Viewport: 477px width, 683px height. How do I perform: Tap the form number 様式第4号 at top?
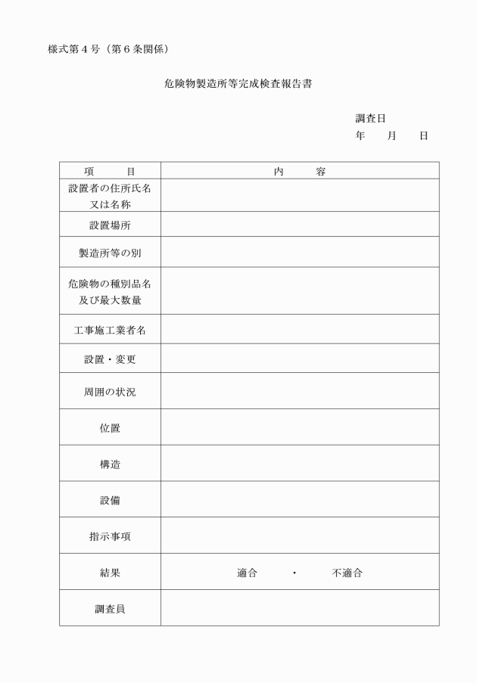pos(78,50)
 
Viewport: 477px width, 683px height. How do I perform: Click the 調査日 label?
pos(371,119)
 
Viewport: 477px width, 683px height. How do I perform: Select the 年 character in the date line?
pos(360,135)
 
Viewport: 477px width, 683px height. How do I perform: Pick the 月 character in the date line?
pos(392,135)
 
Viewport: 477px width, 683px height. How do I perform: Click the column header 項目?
pos(110,172)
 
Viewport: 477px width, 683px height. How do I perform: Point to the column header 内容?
pos(299,172)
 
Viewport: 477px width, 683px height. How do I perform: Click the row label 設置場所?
pos(110,225)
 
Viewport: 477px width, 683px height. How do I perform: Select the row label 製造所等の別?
pos(110,253)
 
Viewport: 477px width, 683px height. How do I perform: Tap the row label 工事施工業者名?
pos(110,329)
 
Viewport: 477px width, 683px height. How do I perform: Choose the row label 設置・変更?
pos(110,359)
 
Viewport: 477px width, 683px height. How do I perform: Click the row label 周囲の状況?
pos(110,392)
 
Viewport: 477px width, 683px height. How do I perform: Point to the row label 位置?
pos(110,428)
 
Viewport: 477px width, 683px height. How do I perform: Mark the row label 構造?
pos(110,464)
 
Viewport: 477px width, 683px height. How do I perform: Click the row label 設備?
pos(110,500)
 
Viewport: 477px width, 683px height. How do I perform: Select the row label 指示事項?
pos(110,536)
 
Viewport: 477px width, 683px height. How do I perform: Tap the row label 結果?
pos(110,573)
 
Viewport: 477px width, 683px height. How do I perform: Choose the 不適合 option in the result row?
pos(347,573)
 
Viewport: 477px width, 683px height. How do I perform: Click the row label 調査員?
pos(110,608)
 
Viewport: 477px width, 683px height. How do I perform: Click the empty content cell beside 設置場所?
pos(299,225)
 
